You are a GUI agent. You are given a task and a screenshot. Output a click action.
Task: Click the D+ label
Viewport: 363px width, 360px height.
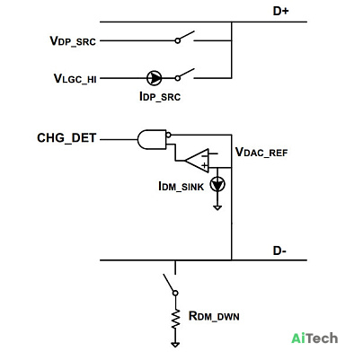tap(280, 11)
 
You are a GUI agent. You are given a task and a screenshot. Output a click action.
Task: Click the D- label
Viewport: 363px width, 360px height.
tap(279, 250)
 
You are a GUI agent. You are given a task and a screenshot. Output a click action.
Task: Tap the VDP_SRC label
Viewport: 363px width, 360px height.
tap(73, 41)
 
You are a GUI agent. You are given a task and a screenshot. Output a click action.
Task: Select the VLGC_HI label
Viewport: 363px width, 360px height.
tap(75, 79)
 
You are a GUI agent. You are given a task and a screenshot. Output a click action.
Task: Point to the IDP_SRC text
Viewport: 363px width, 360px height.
tap(160, 97)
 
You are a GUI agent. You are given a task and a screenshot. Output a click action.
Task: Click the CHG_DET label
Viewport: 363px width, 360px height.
tap(66, 138)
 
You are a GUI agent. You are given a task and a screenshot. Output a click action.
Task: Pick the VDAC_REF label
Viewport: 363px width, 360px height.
tap(261, 153)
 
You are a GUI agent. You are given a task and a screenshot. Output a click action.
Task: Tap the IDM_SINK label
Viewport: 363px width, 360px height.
tap(181, 187)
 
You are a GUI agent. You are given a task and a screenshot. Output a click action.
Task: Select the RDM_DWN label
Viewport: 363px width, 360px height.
tap(214, 316)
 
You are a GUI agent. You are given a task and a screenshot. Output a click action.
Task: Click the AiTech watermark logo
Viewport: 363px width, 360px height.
tap(314, 338)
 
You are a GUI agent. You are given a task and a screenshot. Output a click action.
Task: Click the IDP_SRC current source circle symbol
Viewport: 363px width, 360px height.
tap(155, 78)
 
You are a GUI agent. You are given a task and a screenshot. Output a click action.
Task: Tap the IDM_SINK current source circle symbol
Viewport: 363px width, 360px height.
tap(217, 184)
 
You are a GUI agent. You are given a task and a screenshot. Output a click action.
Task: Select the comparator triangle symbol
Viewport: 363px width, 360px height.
tap(198, 161)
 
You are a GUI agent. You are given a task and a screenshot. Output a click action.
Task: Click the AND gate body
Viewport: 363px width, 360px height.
tap(152, 139)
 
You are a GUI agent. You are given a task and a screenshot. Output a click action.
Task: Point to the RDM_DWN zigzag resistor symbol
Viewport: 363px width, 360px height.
tap(176, 319)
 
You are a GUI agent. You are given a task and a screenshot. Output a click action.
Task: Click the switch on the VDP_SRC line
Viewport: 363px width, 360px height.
tap(186, 37)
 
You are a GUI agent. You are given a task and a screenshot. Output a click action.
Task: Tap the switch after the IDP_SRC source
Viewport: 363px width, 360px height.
tap(186, 75)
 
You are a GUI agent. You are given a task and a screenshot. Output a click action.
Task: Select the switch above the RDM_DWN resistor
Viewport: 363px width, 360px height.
tap(171, 285)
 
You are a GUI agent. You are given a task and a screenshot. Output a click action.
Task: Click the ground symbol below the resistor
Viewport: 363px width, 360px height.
tap(175, 345)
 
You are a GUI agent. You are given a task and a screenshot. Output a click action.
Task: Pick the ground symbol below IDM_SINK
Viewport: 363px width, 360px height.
tap(217, 207)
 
